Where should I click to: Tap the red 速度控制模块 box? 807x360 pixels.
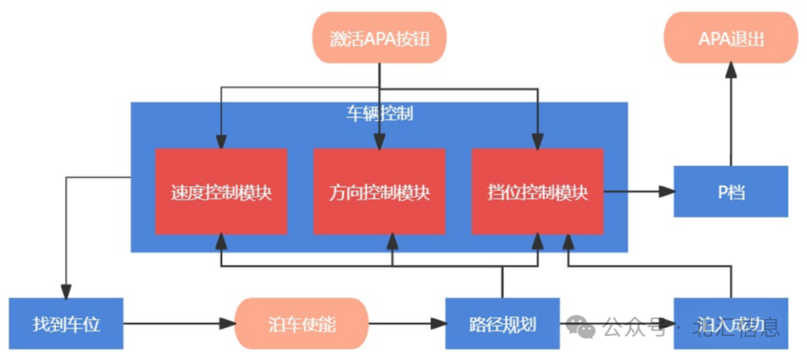tap(220, 192)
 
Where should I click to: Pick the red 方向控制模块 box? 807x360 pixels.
tap(379, 192)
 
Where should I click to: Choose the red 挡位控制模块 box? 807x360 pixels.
tap(537, 192)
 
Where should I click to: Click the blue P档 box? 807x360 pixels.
tap(731, 192)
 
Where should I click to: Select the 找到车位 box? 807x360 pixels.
tap(66, 324)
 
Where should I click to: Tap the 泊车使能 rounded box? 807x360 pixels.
tap(302, 324)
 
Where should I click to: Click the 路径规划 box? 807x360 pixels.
tap(502, 324)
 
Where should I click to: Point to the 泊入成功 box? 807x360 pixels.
tap(731, 324)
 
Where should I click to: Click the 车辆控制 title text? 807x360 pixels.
tap(379, 114)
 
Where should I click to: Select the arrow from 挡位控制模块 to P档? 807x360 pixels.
tap(639, 192)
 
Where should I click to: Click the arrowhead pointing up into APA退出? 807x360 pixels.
tap(731, 70)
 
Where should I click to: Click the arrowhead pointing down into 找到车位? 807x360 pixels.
tap(66, 291)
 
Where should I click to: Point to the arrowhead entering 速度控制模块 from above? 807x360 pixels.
tap(220, 141)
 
